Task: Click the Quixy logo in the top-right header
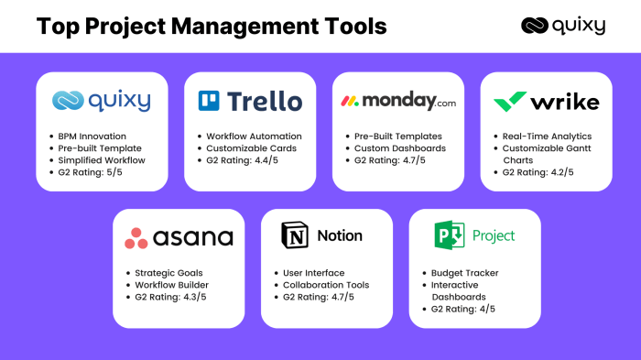[562, 26]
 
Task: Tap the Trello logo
[249, 101]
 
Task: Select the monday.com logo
[397, 101]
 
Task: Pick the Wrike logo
[546, 101]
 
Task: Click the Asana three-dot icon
[136, 238]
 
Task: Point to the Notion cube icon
[293, 236]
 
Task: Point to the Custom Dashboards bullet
[399, 147]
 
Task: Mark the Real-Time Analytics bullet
[547, 136]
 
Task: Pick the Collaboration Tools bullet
[325, 285]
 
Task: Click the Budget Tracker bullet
[468, 273]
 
